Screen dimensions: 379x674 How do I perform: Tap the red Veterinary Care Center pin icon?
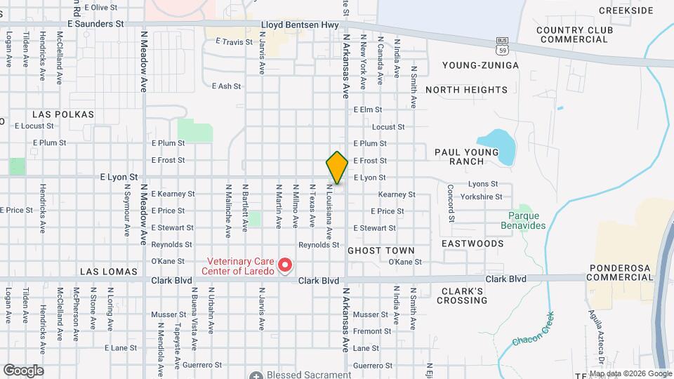[x=285, y=265]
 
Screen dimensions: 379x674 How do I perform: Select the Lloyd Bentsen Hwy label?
[x=300, y=24]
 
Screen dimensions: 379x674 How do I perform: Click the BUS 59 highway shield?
[x=501, y=46]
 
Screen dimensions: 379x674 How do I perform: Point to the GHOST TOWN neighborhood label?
[x=381, y=251]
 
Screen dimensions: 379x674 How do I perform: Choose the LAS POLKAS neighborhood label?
[x=63, y=114]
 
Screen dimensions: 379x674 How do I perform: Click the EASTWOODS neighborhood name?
[x=473, y=244]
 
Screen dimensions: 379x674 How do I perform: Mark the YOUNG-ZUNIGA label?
[x=480, y=65]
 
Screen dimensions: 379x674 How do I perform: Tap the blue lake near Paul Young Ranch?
[x=498, y=143]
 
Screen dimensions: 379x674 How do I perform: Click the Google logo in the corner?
[x=23, y=370]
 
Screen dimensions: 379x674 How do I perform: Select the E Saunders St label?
[x=95, y=23]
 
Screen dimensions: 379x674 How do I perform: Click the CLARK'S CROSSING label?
[x=464, y=295]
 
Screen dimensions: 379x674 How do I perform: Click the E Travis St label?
[x=234, y=42]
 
